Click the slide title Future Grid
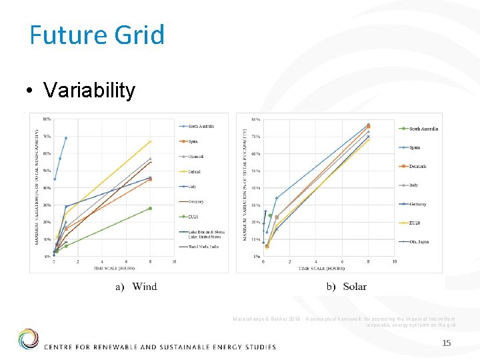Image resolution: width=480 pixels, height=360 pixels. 97,35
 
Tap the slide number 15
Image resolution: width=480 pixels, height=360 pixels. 447,343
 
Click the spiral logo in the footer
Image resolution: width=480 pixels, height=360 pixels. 28,339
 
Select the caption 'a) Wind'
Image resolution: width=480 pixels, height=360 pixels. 136,287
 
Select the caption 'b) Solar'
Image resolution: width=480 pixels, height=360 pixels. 346,287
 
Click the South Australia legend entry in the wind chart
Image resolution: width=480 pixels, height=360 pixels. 201,126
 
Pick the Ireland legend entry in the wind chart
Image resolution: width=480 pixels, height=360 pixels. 195,171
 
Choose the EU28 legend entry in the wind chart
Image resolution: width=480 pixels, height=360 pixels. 194,217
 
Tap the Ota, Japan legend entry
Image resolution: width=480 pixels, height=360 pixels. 419,241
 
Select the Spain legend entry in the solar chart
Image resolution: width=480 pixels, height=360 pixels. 414,147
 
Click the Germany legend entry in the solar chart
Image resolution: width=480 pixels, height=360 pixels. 417,204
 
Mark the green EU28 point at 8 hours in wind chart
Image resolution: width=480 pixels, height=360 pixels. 150,208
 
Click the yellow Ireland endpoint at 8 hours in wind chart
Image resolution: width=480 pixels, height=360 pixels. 150,141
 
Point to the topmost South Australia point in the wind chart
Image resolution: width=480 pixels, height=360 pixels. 65,138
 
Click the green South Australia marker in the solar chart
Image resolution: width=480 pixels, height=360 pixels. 270,215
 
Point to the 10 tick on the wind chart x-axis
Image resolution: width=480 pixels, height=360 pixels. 174,262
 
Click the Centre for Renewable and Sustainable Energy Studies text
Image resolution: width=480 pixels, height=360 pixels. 159,346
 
